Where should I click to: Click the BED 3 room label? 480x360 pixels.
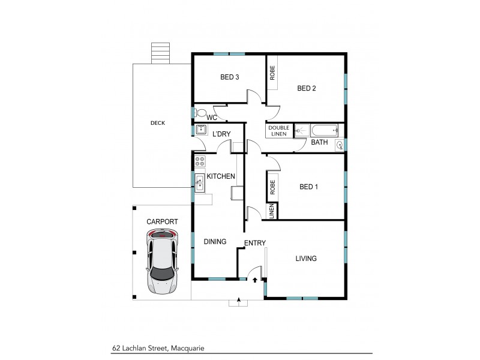click(230, 77)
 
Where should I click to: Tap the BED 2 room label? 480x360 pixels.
click(307, 89)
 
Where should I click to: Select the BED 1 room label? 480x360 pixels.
click(308, 187)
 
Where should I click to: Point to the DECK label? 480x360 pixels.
click(158, 123)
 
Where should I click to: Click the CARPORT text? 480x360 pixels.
click(162, 221)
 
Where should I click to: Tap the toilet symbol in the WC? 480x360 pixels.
click(202, 112)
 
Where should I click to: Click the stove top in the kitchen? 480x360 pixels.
click(200, 161)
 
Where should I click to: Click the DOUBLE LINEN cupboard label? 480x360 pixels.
click(278, 131)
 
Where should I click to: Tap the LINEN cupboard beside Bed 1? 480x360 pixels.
click(272, 211)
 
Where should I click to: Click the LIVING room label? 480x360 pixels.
click(305, 259)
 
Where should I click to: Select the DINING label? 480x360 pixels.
click(215, 242)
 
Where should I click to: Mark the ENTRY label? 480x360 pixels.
click(254, 243)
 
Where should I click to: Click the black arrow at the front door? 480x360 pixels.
click(255, 279)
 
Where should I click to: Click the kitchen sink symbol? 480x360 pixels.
click(199, 181)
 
